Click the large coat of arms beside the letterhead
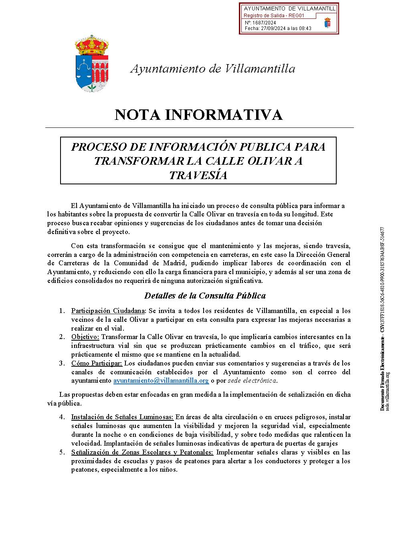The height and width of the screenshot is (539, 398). point(92,63)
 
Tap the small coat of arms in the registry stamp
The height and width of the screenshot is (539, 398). point(327,22)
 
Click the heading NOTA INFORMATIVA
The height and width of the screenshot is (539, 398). point(199,115)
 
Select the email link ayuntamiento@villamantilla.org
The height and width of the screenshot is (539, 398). point(161,381)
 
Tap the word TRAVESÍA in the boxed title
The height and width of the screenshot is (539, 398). point(198,176)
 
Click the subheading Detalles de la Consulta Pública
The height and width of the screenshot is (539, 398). point(205,296)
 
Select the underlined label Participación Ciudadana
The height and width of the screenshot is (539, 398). point(108,311)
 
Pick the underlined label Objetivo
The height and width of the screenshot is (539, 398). point(85,337)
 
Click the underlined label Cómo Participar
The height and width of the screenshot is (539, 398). point(97,363)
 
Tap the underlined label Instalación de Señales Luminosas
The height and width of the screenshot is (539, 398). point(122,417)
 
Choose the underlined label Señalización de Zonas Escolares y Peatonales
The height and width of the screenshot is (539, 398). point(142,452)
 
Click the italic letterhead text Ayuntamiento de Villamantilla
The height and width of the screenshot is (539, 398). point(213,69)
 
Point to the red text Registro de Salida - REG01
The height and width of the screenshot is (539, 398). point(274,16)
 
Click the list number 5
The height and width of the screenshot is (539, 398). point(62,452)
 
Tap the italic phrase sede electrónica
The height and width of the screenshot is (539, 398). point(252,381)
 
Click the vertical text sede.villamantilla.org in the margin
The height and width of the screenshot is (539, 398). point(388,391)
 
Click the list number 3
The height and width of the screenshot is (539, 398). point(62,363)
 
